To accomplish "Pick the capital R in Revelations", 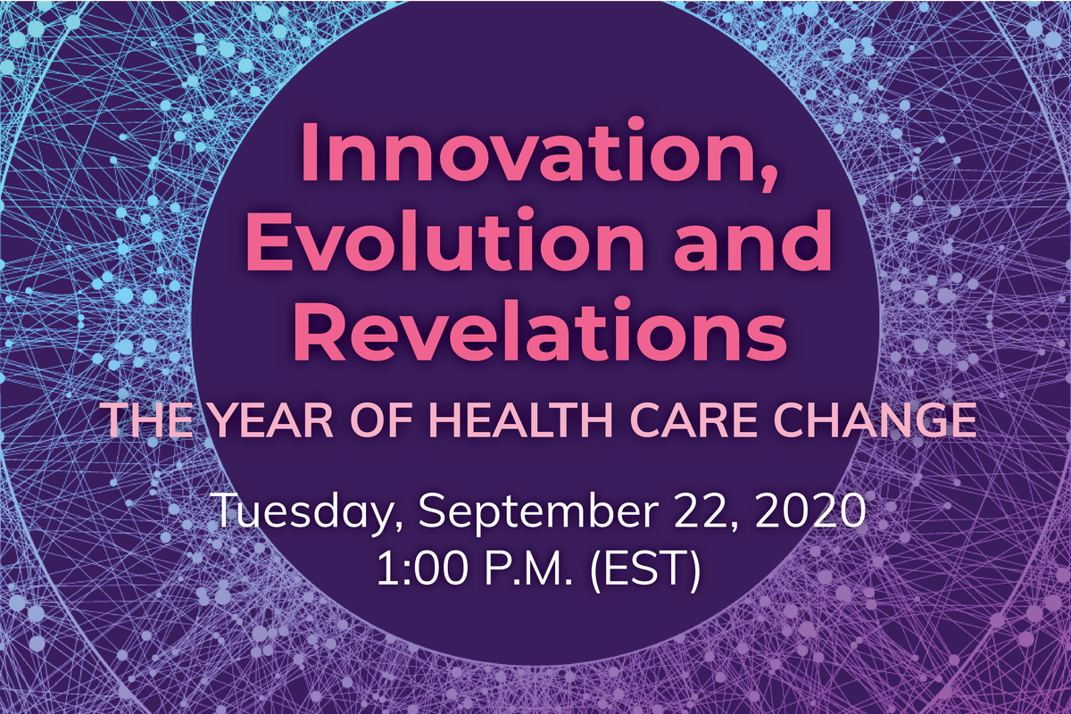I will [x=315, y=328].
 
